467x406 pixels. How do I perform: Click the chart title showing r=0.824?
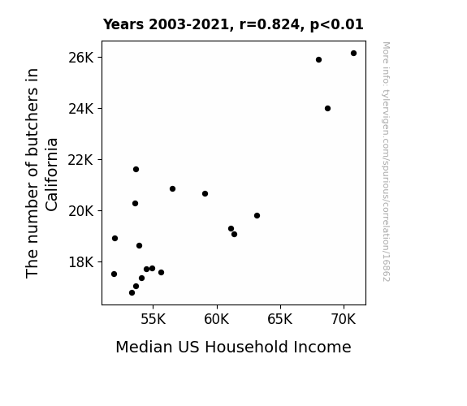pos(233,24)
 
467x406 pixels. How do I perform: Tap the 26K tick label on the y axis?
pos(81,58)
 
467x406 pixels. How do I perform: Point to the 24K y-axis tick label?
pos(81,109)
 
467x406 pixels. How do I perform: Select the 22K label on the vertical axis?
pos(81,160)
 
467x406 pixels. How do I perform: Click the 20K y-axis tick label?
pos(81,211)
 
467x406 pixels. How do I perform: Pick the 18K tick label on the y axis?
pos(81,262)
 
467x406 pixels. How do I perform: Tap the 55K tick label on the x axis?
pos(153,319)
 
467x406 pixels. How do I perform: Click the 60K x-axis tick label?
pos(217,319)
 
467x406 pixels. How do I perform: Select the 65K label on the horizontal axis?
pos(280,319)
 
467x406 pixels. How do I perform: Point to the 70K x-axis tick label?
pos(344,319)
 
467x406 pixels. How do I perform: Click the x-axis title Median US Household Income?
pos(234,347)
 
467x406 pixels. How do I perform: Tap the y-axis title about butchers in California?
pos(41,173)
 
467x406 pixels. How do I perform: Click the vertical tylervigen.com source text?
pos(386,162)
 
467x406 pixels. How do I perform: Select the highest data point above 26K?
pos(353,54)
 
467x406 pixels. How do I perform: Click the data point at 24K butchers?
pos(327,109)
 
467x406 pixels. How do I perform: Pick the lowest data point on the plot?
pos(132,293)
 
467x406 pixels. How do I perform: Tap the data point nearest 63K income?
pos(257,216)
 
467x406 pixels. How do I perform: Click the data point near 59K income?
pos(205,193)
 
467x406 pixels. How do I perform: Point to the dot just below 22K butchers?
pos(136,170)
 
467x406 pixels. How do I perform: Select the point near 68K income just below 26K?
pos(318,60)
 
